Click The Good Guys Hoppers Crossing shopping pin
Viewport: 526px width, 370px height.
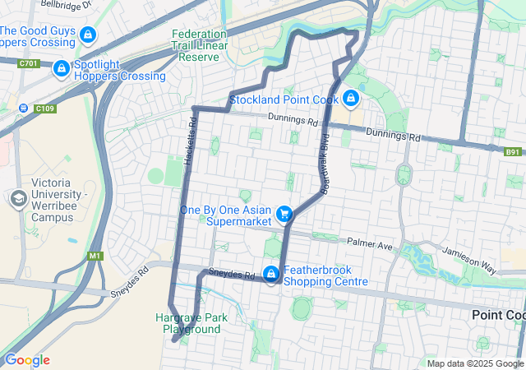[89, 35]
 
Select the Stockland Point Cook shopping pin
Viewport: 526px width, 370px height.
[351, 99]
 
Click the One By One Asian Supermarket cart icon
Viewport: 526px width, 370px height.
[284, 214]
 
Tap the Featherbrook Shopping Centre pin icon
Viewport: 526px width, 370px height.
[270, 274]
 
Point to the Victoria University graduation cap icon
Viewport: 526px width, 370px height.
[17, 199]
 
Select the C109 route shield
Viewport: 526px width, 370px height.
[44, 108]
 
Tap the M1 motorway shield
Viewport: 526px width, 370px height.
[95, 256]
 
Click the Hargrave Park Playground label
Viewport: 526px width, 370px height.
[188, 323]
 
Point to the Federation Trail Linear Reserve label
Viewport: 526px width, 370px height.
[199, 46]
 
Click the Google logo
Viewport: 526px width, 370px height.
[26, 360]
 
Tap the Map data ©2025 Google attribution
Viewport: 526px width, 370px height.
[475, 363]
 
